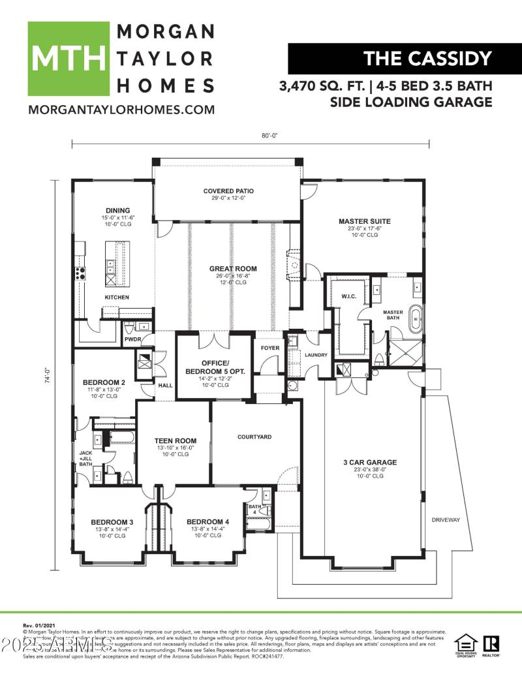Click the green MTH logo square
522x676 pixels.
[x=68, y=59]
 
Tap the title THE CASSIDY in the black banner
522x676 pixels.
[x=427, y=58]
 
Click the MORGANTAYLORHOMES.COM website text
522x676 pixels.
[x=121, y=110]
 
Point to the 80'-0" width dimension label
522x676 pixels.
[x=269, y=136]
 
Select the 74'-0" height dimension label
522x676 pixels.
[x=48, y=376]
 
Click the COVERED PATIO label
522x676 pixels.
[x=228, y=191]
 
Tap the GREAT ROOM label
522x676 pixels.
[x=233, y=268]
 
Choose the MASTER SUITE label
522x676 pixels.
[x=364, y=221]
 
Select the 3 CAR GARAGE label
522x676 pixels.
[x=370, y=462]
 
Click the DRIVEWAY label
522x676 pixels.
[x=446, y=520]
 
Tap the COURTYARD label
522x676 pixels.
[x=254, y=437]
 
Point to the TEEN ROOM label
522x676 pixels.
[x=174, y=440]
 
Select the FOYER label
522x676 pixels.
[x=270, y=348]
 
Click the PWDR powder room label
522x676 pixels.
[x=133, y=339]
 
